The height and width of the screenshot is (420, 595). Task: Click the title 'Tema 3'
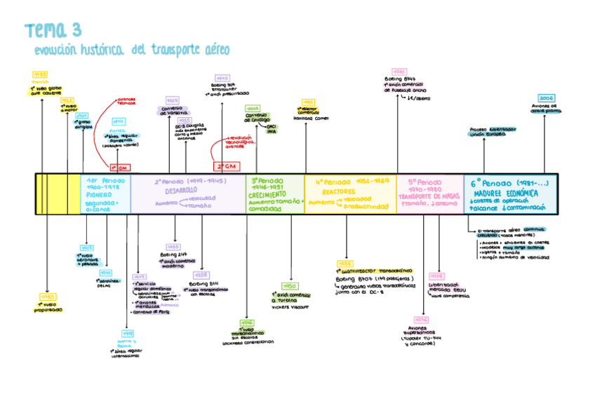(53, 30)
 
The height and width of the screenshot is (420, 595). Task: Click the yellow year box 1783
(40, 74)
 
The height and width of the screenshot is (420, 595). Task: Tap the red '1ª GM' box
(120, 168)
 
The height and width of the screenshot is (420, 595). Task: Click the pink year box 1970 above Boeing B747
(399, 72)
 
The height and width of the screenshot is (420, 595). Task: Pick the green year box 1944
(253, 109)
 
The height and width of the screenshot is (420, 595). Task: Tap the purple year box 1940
(222, 78)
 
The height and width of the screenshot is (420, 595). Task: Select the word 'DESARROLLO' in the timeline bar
(181, 190)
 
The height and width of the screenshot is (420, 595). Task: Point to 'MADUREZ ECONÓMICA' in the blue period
(505, 193)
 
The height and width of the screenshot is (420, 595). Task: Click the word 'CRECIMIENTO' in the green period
(267, 196)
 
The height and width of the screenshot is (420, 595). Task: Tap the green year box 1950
(290, 286)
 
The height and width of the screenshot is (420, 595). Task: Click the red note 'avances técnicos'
(126, 101)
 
